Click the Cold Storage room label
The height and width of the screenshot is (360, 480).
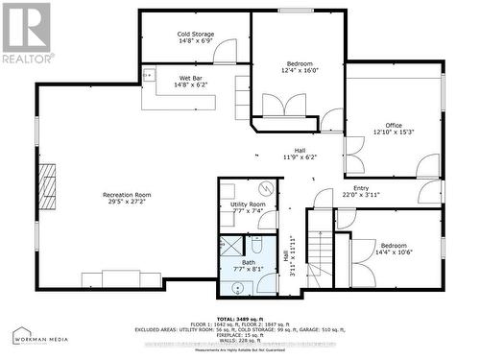pyautogui.click(x=195, y=37)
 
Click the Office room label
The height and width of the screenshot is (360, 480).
pyautogui.click(x=394, y=129)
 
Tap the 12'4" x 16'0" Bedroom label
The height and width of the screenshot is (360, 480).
pyautogui.click(x=300, y=66)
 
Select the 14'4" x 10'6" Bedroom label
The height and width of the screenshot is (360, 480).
pyautogui.click(x=394, y=250)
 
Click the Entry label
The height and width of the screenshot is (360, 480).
pyautogui.click(x=361, y=191)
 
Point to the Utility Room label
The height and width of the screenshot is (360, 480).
pyautogui.click(x=248, y=207)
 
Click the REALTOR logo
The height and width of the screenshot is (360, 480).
pyautogui.click(x=26, y=33)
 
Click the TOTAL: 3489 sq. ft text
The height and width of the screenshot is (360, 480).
pyautogui.click(x=240, y=317)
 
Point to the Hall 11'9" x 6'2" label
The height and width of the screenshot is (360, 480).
pyautogui.click(x=299, y=153)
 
